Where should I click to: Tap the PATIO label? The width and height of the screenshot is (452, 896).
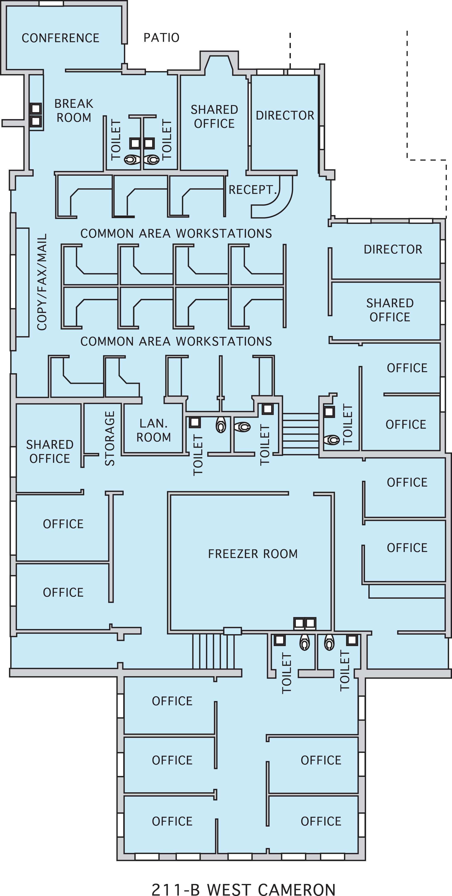[161, 38]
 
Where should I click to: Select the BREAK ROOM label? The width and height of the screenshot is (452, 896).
[74, 111]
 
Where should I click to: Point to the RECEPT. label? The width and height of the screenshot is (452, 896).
[252, 190]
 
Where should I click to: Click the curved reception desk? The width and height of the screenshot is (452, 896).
[278, 202]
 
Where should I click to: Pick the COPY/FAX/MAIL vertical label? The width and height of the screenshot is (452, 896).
[42, 282]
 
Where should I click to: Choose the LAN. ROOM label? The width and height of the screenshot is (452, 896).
[153, 430]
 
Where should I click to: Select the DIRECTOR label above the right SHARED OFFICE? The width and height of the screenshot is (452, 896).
[393, 249]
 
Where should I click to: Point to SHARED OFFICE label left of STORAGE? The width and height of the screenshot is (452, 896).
[50, 451]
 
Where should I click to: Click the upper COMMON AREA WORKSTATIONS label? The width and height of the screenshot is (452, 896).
[176, 233]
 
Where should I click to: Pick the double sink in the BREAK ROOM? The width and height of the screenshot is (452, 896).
[35, 115]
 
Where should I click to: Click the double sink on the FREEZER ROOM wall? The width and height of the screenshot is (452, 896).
[305, 623]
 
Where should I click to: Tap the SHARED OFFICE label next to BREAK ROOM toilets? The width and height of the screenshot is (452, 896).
[214, 117]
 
